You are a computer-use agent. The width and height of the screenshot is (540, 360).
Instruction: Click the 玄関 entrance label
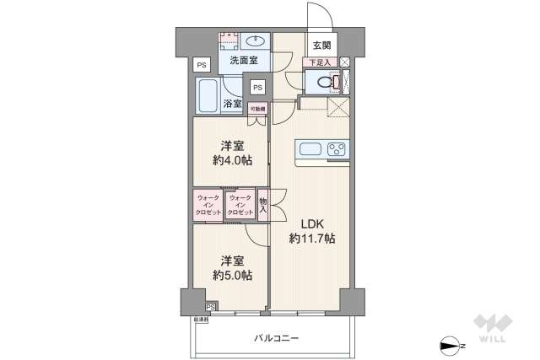point(321,46)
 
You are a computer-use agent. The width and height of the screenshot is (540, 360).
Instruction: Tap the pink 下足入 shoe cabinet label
point(319,62)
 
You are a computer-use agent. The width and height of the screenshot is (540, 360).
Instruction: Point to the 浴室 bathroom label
point(233,105)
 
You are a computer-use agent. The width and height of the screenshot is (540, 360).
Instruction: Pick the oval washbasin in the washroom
point(256,40)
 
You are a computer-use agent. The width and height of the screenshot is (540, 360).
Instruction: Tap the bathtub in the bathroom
point(207,95)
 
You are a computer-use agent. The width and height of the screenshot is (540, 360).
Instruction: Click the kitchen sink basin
point(309,150)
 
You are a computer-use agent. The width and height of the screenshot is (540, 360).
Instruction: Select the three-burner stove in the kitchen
point(337,150)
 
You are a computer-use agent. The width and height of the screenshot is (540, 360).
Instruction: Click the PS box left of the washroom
point(201,65)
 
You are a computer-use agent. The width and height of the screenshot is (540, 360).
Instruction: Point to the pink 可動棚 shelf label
point(257,108)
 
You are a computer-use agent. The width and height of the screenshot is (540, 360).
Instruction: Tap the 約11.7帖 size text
point(312,239)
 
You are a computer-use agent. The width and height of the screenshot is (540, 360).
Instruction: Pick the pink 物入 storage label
point(262,206)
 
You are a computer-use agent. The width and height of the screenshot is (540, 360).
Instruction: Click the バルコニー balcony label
point(277,338)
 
